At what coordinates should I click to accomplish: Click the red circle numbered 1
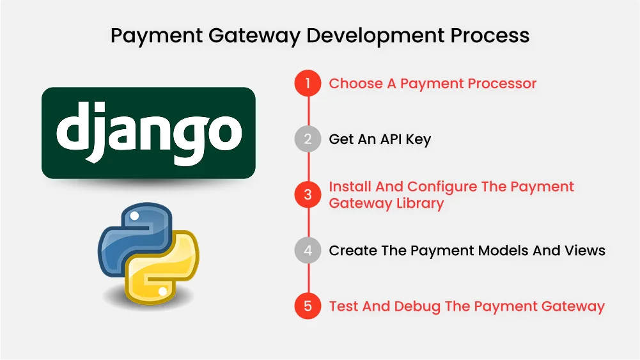point(308,84)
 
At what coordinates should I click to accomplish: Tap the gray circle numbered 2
point(308,139)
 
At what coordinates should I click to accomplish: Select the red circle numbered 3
point(308,194)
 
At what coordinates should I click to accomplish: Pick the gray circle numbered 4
point(308,250)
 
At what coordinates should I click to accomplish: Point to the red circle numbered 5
point(308,306)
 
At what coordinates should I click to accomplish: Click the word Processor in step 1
point(501,84)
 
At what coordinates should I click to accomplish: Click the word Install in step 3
point(350,187)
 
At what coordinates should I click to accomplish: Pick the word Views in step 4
point(584,250)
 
